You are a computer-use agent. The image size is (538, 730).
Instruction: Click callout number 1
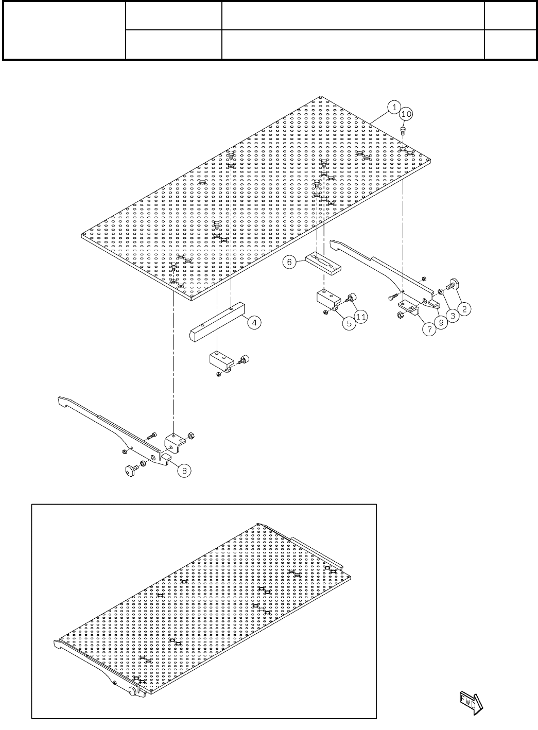click(x=393, y=108)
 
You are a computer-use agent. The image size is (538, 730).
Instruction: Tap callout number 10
click(x=406, y=113)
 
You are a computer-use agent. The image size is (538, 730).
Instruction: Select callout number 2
click(x=464, y=309)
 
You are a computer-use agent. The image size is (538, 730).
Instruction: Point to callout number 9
click(x=441, y=323)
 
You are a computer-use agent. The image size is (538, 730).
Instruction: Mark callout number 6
click(x=289, y=262)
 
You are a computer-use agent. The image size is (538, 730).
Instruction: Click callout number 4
click(x=254, y=322)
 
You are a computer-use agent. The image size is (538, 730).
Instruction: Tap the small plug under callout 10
click(x=404, y=129)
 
